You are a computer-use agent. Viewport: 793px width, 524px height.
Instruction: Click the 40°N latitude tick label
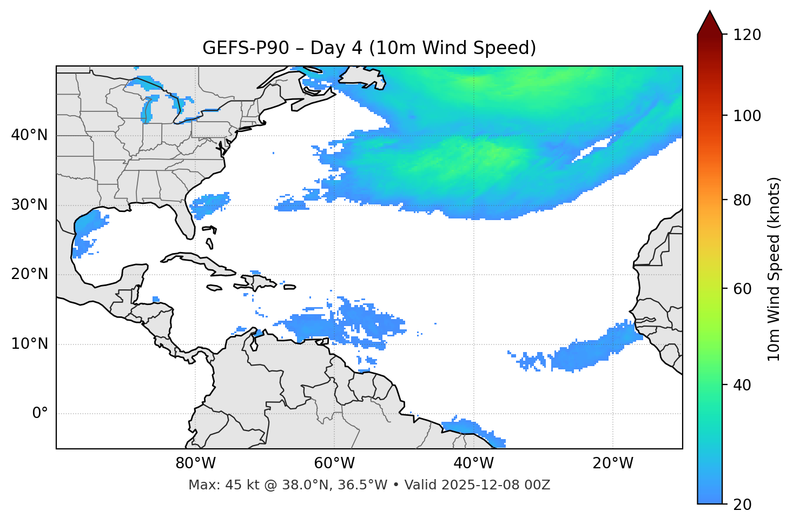(29, 135)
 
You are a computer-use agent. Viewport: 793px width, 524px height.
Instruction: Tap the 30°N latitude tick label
(29, 205)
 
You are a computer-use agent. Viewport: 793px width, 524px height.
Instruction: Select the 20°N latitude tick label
(29, 274)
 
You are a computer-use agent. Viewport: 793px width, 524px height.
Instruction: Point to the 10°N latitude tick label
(29, 344)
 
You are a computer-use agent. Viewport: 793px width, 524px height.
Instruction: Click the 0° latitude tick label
(40, 414)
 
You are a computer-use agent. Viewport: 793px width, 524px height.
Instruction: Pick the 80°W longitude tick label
(195, 463)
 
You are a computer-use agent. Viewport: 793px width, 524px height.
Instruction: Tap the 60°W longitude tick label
(334, 463)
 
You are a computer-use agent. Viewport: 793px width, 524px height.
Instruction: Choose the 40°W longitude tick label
(473, 463)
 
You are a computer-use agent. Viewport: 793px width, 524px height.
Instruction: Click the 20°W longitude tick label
(613, 463)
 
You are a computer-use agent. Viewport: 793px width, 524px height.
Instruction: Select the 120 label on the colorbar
(747, 35)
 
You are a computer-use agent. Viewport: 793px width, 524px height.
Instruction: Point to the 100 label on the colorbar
(747, 116)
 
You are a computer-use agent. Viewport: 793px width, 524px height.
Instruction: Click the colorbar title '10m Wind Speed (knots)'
(774, 269)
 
